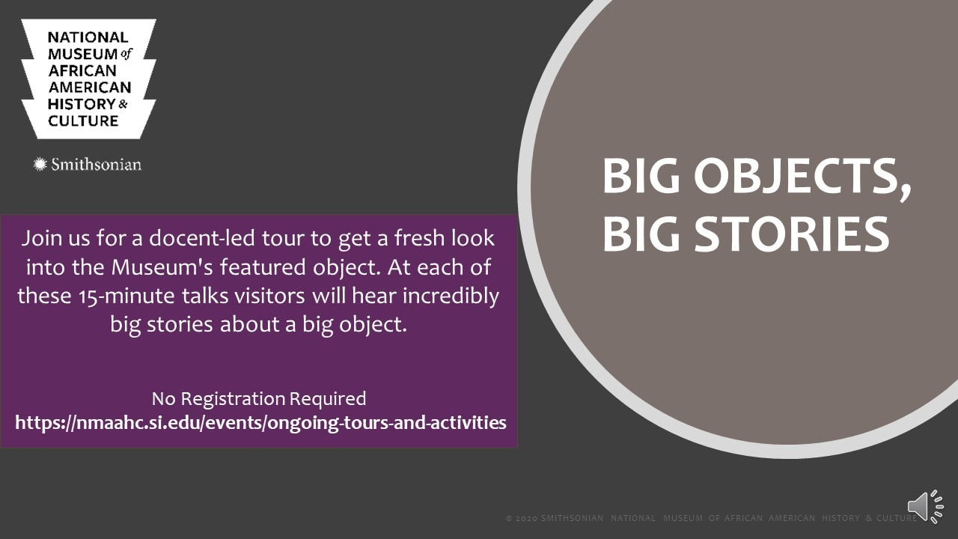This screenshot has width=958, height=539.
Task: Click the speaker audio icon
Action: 926,507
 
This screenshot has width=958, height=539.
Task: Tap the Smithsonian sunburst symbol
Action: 40,164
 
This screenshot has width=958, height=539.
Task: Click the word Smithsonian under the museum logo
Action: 97,165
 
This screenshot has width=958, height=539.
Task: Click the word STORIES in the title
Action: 792,234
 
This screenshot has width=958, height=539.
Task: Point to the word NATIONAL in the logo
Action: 88,37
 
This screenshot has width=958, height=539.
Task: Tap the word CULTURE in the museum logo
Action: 83,121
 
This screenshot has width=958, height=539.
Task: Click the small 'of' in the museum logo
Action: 126,54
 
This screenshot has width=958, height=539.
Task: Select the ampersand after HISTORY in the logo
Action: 123,104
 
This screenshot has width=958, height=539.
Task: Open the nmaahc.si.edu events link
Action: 260,423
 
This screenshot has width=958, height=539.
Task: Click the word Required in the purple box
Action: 328,399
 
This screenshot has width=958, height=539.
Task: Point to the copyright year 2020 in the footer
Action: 525,518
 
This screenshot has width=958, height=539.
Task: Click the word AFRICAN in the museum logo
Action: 82,70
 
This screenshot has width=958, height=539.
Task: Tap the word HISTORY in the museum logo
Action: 82,104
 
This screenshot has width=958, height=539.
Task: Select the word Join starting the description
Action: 42,239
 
